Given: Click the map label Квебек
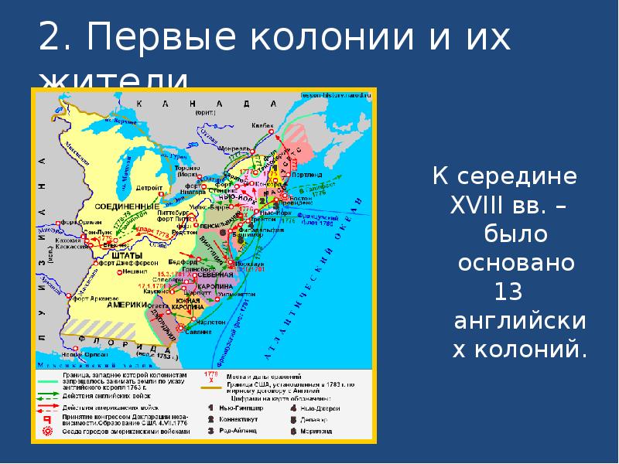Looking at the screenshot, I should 264,125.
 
